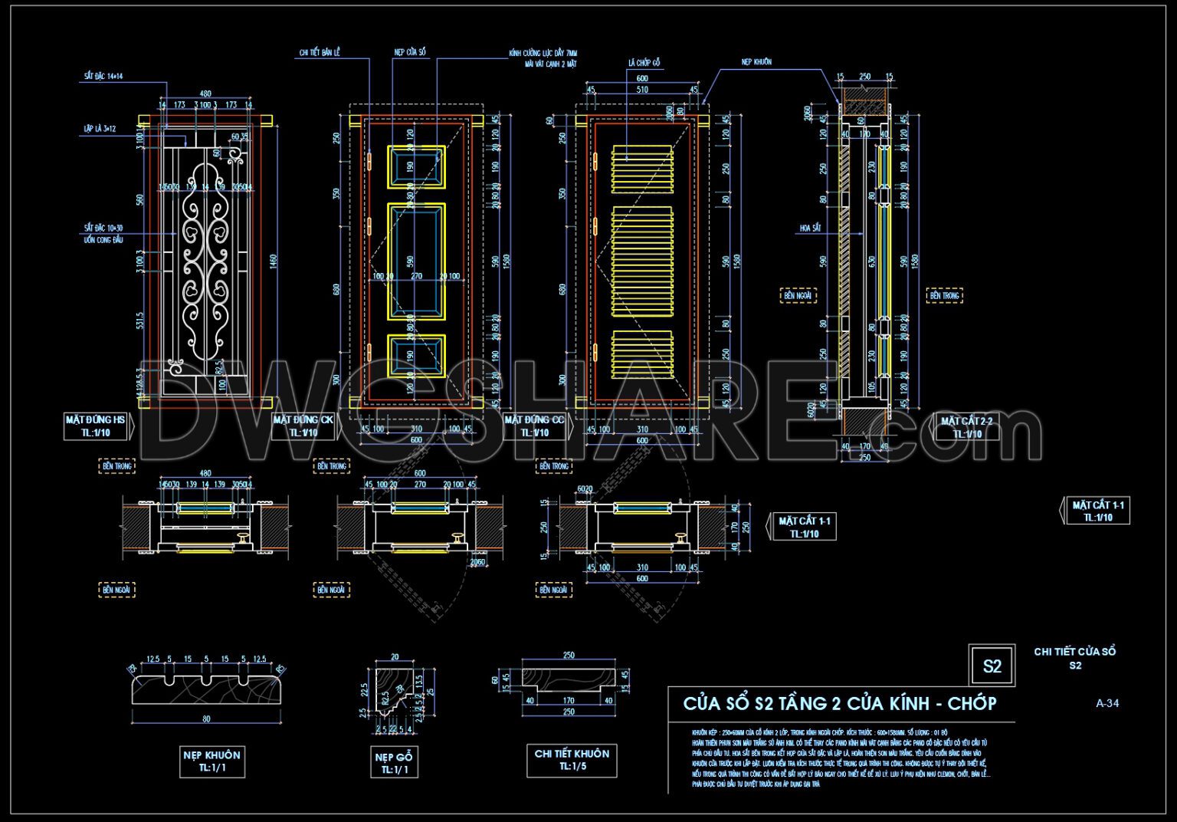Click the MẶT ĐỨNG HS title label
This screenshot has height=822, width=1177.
click(96, 426)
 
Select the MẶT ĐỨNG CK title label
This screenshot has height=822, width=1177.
click(303, 426)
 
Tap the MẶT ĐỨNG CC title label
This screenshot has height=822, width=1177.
click(534, 426)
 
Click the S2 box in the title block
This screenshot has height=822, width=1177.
click(992, 666)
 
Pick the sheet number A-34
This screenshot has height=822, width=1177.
click(1107, 702)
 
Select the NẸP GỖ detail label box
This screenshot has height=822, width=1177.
click(395, 762)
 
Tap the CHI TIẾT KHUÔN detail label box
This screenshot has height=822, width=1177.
click(572, 759)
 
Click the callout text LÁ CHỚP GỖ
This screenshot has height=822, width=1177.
click(644, 63)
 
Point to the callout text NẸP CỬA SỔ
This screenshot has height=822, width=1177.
click(410, 52)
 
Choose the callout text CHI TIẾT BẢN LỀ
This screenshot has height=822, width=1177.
click(320, 53)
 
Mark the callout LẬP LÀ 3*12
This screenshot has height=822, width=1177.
click(100, 129)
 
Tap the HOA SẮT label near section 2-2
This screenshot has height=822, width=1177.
click(810, 228)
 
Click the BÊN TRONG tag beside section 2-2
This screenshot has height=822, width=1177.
click(944, 295)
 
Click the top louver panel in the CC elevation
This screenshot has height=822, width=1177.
click(642, 166)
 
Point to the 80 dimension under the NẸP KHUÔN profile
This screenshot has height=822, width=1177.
click(206, 719)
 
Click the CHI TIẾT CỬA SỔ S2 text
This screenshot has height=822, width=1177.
click(1074, 658)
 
